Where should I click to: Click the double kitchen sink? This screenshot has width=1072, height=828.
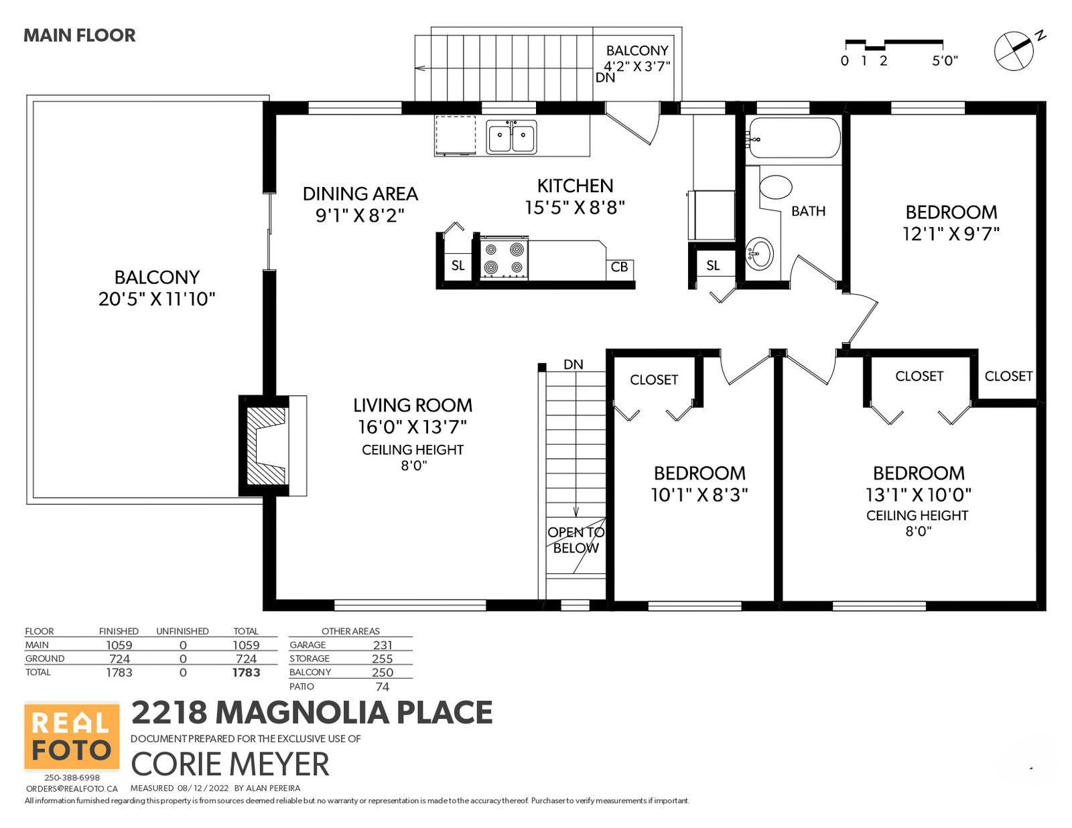pos(511,136)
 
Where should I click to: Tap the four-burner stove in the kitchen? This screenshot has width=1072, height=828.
pos(503,258)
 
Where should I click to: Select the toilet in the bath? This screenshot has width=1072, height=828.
pos(775,188)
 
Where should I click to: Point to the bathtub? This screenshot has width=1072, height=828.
pos(793,137)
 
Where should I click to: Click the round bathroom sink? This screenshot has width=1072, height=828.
pos(758,253)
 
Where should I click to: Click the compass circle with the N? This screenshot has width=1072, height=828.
pos(1014,52)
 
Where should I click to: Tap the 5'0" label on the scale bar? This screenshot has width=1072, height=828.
pos(944,61)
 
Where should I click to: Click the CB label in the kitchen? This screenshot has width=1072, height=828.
pos(619,267)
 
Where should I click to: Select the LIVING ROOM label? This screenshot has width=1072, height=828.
pos(413,405)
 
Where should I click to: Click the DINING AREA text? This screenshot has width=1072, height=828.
pos(360,194)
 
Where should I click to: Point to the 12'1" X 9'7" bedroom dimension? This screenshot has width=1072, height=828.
pos(951,233)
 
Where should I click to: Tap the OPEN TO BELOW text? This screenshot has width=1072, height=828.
pos(576,540)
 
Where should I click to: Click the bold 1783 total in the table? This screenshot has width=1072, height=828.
pos(246,673)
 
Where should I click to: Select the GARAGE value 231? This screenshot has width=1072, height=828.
pos(383,645)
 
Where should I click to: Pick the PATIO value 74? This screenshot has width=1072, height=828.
pos(383,687)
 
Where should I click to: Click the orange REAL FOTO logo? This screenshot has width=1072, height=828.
pos(72,736)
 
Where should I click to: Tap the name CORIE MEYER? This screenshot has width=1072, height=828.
pos(230,764)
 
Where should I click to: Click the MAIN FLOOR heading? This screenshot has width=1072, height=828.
pos(80,36)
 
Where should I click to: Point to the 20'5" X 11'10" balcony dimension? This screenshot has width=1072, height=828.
pos(157,299)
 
